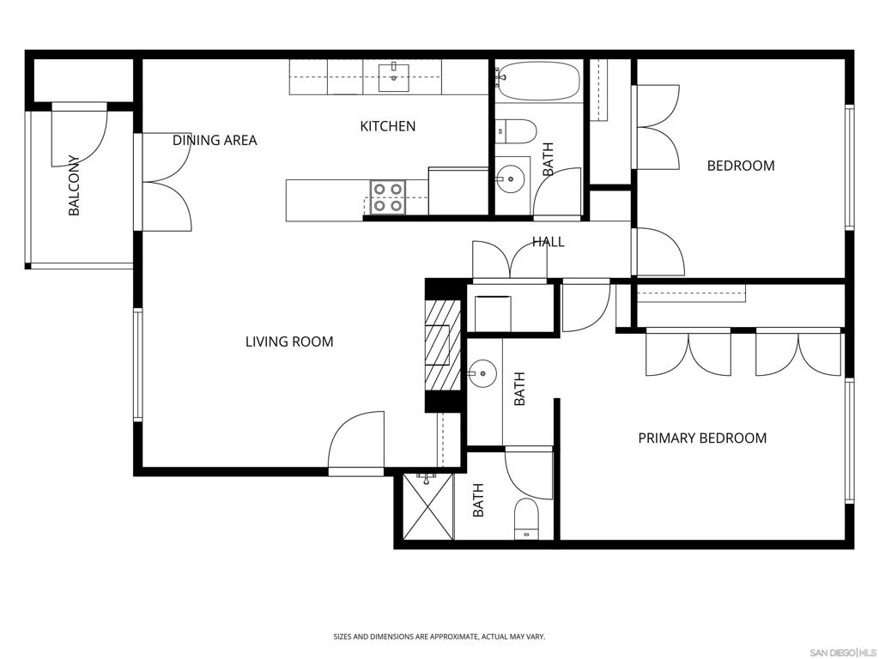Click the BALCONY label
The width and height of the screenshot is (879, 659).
pos(74,185)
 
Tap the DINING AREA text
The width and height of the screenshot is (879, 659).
pos(215,140)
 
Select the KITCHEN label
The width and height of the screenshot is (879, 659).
pos(387,126)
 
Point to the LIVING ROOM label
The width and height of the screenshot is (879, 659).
pos(289,342)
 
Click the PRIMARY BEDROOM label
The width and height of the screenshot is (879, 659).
pos(702,438)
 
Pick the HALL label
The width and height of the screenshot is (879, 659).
pos(548,242)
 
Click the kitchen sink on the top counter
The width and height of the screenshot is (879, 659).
pos(395,77)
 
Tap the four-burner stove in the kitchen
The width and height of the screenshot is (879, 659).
pos(387,196)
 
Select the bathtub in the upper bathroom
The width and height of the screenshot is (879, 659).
pos(538,81)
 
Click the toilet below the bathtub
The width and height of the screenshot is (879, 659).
pos(517,131)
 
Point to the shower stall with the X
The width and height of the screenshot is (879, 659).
pos(427,506)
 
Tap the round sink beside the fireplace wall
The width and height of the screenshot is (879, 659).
pos(482,373)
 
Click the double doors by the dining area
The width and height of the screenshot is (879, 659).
pos(167,182)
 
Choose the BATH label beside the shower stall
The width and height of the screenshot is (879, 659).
pos(478,499)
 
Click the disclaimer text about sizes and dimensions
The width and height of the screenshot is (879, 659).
pos(439,637)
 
